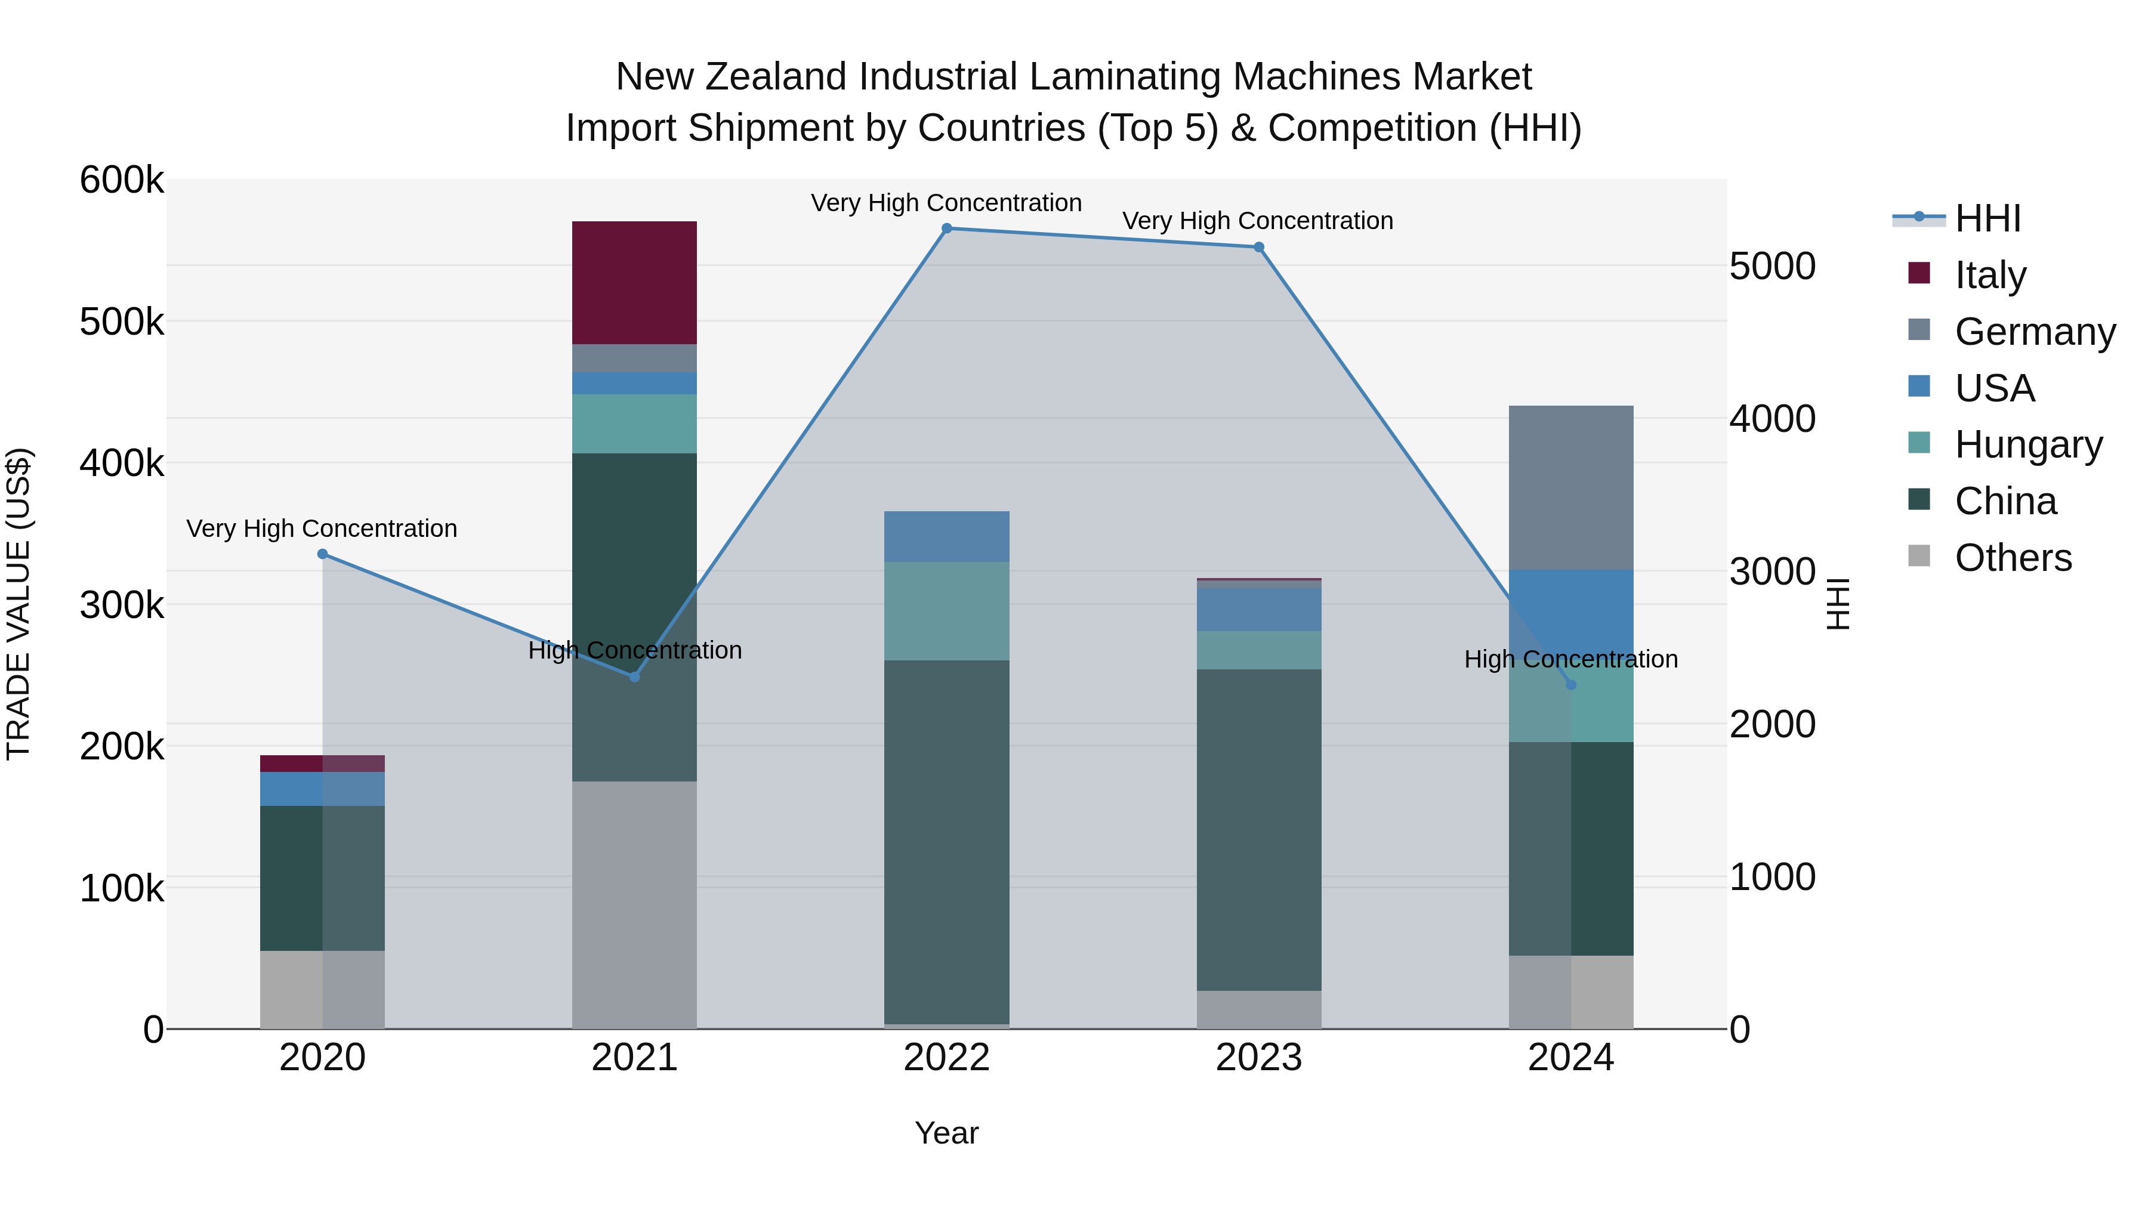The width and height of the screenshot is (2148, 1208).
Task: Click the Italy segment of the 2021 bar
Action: pyautogui.click(x=634, y=283)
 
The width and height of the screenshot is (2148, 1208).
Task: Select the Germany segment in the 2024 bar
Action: pyautogui.click(x=1570, y=488)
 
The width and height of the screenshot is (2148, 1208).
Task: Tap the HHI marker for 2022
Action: pyautogui.click(x=946, y=228)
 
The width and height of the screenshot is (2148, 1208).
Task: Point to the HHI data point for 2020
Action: pyautogui.click(x=323, y=554)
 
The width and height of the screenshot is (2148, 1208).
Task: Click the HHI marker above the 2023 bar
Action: pyautogui.click(x=1258, y=248)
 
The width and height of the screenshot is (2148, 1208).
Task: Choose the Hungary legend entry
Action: pyautogui.click(x=2028, y=444)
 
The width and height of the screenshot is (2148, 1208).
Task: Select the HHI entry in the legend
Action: pyautogui.click(x=1987, y=218)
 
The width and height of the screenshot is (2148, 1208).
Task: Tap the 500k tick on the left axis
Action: pyautogui.click(x=122, y=322)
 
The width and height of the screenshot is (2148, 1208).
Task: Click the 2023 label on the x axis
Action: pyautogui.click(x=1258, y=1058)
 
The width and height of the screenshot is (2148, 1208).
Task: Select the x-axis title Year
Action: pyautogui.click(x=946, y=1133)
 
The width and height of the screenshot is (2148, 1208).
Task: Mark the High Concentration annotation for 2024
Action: pyautogui.click(x=1570, y=659)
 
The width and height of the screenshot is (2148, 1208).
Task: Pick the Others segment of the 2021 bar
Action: pyautogui.click(x=634, y=904)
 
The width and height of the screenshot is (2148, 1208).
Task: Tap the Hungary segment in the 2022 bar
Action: pyautogui.click(x=946, y=611)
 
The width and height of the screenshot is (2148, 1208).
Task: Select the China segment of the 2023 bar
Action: pyautogui.click(x=1258, y=830)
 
